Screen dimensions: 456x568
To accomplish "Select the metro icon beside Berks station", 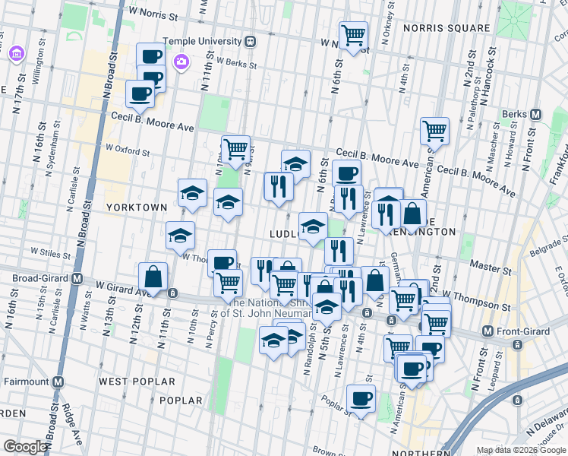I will click(x=536, y=115).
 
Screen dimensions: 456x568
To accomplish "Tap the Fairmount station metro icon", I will click(x=58, y=381).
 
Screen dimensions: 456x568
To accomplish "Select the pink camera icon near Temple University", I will click(x=181, y=62).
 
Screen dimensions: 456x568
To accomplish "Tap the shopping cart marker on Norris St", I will click(x=353, y=35).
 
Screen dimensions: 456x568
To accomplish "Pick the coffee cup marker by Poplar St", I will click(x=361, y=398).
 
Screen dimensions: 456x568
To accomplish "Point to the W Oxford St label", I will click(x=128, y=150).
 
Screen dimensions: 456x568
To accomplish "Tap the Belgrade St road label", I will click(x=547, y=245).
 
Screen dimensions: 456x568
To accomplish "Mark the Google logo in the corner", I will click(x=25, y=447).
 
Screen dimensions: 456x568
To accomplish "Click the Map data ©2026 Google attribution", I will click(x=519, y=450).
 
